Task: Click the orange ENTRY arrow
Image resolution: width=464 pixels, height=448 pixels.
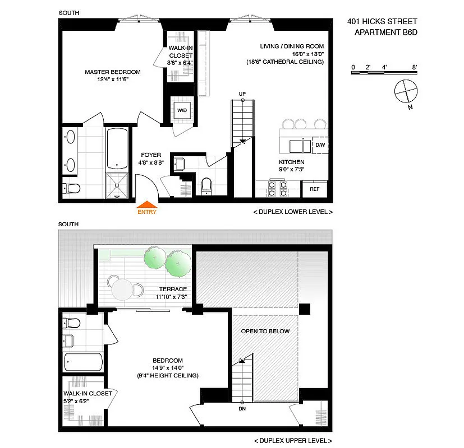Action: tap(147, 204)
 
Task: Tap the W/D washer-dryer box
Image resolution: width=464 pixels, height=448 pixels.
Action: tap(182, 110)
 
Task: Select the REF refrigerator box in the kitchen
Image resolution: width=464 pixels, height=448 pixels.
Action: tap(314, 189)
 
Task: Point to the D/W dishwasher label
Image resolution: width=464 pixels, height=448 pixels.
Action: tap(320, 144)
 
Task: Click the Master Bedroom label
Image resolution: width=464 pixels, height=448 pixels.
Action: tap(112, 72)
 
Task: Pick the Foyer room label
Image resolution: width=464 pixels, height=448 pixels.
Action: tap(151, 155)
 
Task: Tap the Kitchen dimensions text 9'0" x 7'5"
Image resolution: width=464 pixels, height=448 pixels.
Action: tap(292, 169)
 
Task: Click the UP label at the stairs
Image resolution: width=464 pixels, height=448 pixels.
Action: tap(242, 94)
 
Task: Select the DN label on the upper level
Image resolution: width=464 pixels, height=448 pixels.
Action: tap(242, 409)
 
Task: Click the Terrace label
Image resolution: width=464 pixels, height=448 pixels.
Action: tap(173, 289)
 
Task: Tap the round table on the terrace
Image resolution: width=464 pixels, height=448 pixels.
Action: tap(122, 290)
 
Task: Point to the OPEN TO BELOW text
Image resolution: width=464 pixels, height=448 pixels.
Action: tap(265, 332)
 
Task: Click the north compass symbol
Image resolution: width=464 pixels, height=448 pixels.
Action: tap(406, 91)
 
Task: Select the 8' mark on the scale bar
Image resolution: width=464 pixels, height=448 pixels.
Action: tap(415, 67)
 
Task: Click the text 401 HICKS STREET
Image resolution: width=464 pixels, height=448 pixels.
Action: tap(382, 21)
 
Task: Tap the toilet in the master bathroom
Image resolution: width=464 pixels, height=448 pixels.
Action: tap(71, 188)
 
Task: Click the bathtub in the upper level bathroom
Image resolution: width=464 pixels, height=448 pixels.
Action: tap(83, 362)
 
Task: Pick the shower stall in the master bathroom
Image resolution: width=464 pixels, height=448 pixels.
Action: tap(117, 185)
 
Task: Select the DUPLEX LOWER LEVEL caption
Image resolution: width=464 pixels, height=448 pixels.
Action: tap(293, 212)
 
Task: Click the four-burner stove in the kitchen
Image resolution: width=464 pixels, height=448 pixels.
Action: tap(278, 189)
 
